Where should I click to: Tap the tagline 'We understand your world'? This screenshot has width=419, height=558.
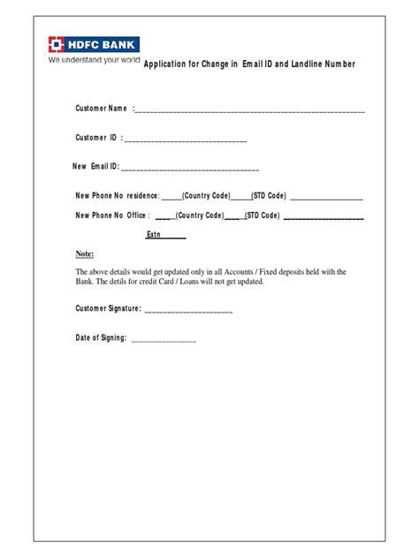(x=95, y=61)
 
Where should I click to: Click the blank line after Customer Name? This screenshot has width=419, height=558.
(x=250, y=112)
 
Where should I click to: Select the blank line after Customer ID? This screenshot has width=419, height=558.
(x=187, y=140)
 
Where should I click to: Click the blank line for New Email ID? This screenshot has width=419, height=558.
(x=190, y=168)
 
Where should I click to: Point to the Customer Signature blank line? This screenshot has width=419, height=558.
(x=187, y=311)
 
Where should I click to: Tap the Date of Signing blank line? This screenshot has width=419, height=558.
(x=164, y=340)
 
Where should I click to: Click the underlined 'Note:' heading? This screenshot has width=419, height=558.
(x=85, y=253)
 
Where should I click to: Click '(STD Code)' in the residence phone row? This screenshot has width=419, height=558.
(x=269, y=195)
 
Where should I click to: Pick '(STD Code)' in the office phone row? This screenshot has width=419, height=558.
(x=263, y=215)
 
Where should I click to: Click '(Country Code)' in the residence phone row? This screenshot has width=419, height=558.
(x=206, y=195)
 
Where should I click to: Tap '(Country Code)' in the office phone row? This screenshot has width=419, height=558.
(x=200, y=215)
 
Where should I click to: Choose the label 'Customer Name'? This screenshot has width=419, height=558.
(x=101, y=109)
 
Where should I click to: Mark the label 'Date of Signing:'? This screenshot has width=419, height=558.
(x=101, y=338)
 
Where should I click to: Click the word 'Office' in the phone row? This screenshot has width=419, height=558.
(x=136, y=215)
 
